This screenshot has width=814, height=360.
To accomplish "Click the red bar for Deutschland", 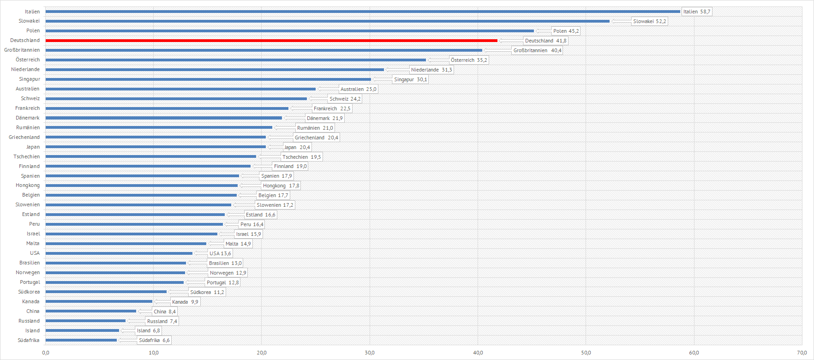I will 271,41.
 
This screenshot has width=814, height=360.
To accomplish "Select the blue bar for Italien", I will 363,12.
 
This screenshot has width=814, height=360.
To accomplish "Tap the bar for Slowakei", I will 328,21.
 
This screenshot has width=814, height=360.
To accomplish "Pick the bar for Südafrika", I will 81,340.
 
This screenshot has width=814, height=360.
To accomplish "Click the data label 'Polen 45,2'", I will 566,31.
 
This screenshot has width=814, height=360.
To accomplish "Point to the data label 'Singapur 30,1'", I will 410,79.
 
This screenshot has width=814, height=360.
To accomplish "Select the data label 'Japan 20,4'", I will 297,147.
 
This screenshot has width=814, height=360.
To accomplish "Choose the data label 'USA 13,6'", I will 220,253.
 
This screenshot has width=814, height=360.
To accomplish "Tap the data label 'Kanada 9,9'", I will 185,302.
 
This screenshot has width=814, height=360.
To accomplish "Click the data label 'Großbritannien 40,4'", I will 537,50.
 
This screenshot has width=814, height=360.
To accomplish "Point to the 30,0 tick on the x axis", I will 370,353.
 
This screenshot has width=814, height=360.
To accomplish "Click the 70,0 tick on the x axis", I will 802,353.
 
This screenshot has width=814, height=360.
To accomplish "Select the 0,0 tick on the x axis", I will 46,353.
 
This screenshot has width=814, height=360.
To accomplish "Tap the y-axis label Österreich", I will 28,60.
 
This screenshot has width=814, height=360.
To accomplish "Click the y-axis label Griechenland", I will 24,137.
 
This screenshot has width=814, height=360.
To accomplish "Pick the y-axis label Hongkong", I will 28,185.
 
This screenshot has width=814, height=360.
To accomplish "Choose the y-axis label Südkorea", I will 29,292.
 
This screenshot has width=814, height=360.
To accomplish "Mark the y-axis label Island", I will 32,330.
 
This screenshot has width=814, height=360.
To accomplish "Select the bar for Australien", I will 180,89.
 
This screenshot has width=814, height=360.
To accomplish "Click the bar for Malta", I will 126,244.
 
